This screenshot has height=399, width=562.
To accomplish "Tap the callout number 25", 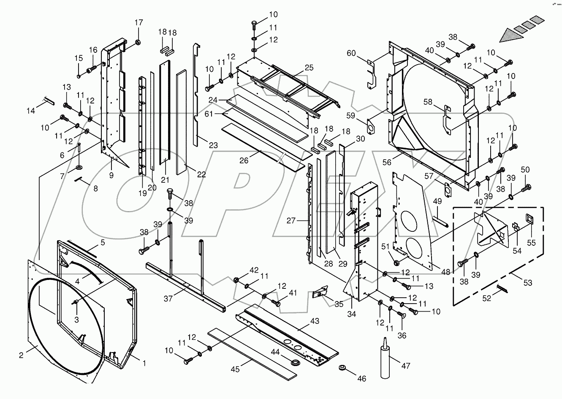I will pos(309,68).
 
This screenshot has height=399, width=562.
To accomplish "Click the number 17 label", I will pos(139,23).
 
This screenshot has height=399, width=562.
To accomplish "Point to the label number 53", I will pos(528,282).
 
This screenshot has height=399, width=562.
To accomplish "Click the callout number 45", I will pos(235,369).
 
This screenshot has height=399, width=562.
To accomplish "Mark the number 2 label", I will pos(21,355).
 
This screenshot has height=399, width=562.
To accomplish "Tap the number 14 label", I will pos(31,111).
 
